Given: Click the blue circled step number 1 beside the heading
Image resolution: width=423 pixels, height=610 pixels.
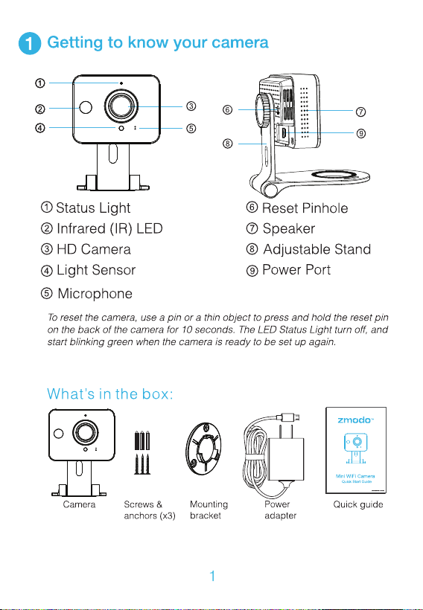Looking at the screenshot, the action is [30, 44].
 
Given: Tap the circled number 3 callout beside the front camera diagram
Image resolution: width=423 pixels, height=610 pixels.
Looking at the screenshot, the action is [191, 106].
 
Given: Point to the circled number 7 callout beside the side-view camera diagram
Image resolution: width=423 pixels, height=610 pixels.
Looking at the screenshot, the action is [360, 112].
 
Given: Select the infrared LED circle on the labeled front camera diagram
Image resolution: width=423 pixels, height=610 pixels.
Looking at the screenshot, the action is [86, 107].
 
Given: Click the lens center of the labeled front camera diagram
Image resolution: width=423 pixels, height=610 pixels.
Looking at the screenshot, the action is [121, 106].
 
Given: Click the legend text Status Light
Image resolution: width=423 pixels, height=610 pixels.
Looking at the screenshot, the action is [93, 208].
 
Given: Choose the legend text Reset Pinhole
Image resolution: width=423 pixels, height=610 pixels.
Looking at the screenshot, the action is [305, 208].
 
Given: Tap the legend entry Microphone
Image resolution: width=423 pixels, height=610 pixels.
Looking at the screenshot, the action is [95, 293].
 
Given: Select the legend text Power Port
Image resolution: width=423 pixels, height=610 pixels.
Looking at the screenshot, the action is [296, 269].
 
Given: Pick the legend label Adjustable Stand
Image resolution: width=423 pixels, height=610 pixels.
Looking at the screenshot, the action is [317, 249].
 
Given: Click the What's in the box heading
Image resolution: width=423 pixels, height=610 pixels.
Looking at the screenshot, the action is [109, 394].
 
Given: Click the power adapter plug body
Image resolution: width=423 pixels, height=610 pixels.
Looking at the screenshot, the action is [286, 459].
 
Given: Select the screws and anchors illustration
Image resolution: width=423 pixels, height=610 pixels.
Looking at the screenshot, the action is [142, 452].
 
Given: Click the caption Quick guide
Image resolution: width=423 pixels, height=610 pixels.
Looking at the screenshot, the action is [358, 504].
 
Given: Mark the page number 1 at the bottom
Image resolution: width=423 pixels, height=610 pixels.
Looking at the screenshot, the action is [212, 576].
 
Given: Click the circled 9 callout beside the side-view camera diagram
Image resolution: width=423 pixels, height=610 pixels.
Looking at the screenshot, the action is [360, 133].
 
